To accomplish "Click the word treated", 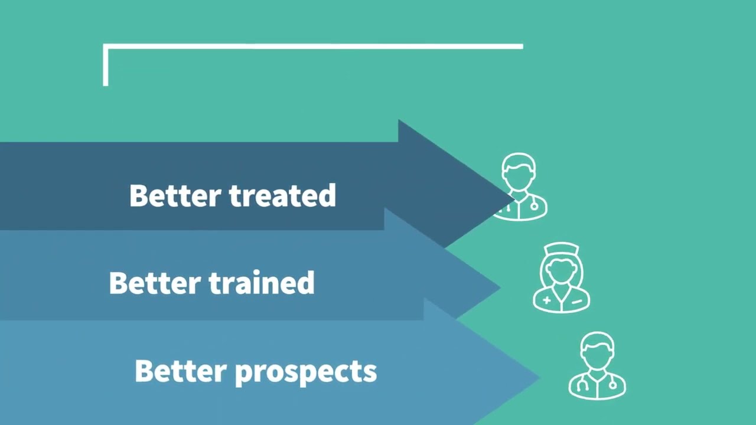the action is [x=283, y=195].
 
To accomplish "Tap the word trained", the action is [x=262, y=283].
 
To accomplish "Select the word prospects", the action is [x=306, y=372].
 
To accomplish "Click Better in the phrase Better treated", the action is [x=175, y=195].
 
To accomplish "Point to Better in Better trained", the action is [x=155, y=283].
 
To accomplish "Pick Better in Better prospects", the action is [x=181, y=371].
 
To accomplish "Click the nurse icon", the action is [x=561, y=277].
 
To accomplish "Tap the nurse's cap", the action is [x=561, y=249].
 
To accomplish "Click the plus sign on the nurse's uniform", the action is [x=547, y=300].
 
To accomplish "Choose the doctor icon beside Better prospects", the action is [x=597, y=365].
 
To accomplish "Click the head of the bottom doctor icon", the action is [x=597, y=351].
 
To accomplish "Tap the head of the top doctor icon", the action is [x=519, y=172].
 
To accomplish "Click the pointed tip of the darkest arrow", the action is [x=514, y=199].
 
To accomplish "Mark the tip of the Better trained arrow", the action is [x=500, y=287].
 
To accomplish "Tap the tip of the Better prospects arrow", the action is [x=540, y=378].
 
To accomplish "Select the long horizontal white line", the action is [x=313, y=46].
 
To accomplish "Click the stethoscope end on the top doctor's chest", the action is [x=535, y=206].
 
